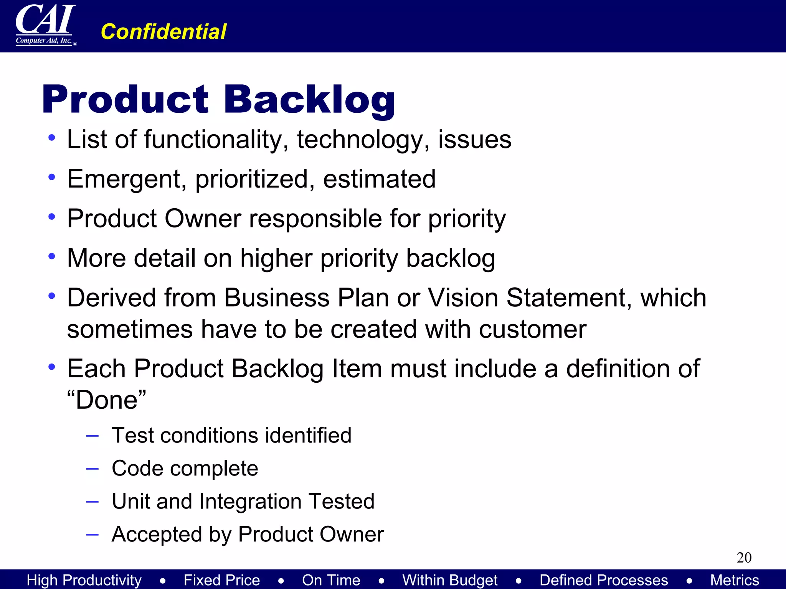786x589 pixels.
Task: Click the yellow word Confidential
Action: point(163,31)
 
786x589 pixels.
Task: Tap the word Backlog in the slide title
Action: point(309,100)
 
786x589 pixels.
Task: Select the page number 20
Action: point(744,558)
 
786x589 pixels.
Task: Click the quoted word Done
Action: point(107,400)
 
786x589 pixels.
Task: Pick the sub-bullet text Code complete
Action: point(185,468)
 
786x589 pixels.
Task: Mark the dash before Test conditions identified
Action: point(92,436)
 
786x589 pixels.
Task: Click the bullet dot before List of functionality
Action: point(52,138)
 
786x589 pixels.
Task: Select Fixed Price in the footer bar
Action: point(222,580)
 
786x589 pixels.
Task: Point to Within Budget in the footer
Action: point(450,580)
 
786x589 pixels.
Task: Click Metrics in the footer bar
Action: point(735,580)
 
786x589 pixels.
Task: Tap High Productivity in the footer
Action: point(84,580)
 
